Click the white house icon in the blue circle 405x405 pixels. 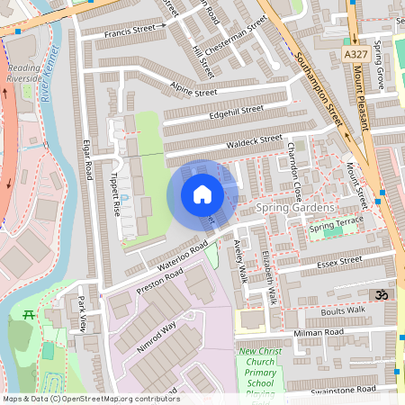click(202, 194)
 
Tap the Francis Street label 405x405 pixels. click(130, 31)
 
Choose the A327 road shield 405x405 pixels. click(355, 55)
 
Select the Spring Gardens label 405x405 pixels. click(295, 208)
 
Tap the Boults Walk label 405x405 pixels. click(343, 310)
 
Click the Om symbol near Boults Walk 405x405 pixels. click(380, 295)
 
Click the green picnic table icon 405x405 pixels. click(26, 315)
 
